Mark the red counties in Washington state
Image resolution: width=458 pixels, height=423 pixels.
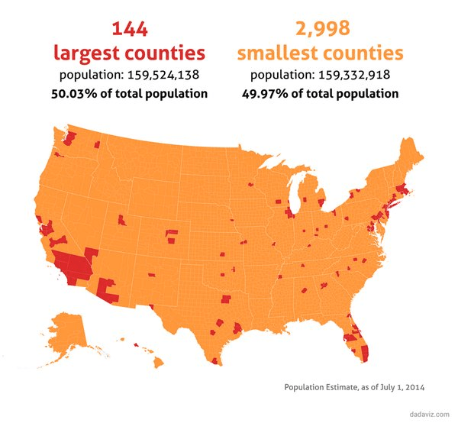(68, 137)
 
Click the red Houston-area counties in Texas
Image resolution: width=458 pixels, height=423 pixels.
(237, 329)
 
